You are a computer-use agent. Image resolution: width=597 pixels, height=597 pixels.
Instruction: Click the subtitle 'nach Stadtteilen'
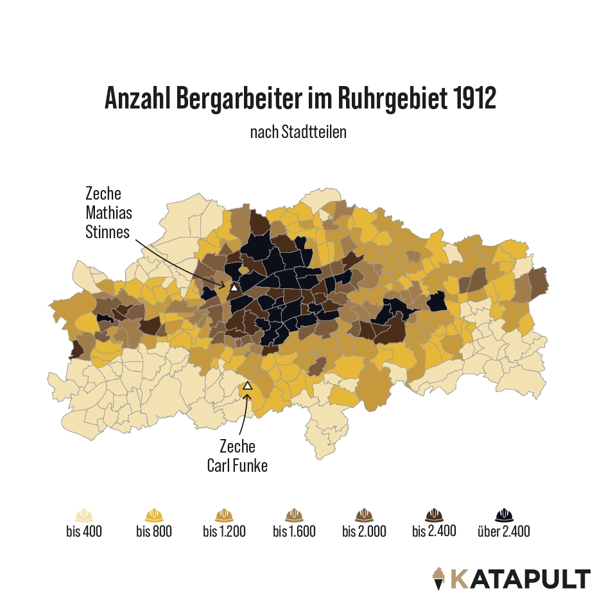pyautogui.click(x=298, y=132)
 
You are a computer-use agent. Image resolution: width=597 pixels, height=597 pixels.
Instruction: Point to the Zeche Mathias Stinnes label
pyautogui.click(x=107, y=212)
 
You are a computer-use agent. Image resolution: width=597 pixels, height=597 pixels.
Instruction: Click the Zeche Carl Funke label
pyautogui.click(x=237, y=456)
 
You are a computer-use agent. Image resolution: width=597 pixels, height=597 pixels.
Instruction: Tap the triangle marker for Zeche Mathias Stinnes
pyautogui.click(x=234, y=288)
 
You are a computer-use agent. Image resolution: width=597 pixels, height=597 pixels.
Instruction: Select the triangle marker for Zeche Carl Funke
pyautogui.click(x=248, y=386)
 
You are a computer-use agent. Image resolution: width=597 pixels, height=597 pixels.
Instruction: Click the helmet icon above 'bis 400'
pyautogui.click(x=84, y=515)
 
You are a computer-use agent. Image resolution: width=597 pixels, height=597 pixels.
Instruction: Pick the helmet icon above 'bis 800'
pyautogui.click(x=154, y=515)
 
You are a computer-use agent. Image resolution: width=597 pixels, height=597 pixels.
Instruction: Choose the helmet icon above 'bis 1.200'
pyautogui.click(x=224, y=515)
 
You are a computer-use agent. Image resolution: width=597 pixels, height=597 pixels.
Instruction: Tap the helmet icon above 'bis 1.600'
pyautogui.click(x=294, y=515)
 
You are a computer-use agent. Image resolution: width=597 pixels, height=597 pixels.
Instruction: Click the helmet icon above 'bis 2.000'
pyautogui.click(x=364, y=515)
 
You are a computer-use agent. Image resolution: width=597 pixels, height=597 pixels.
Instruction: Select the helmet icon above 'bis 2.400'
pyautogui.click(x=434, y=515)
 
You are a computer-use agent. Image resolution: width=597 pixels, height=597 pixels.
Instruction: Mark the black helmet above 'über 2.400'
pyautogui.click(x=504, y=515)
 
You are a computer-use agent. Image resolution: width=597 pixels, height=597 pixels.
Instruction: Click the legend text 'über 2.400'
pyautogui.click(x=504, y=532)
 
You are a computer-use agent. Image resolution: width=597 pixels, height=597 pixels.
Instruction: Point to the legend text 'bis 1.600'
pyautogui.click(x=294, y=532)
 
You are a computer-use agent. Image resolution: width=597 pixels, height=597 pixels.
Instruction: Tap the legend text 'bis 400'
pyautogui.click(x=84, y=532)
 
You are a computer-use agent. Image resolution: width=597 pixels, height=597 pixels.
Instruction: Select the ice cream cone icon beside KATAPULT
pyautogui.click(x=439, y=578)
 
